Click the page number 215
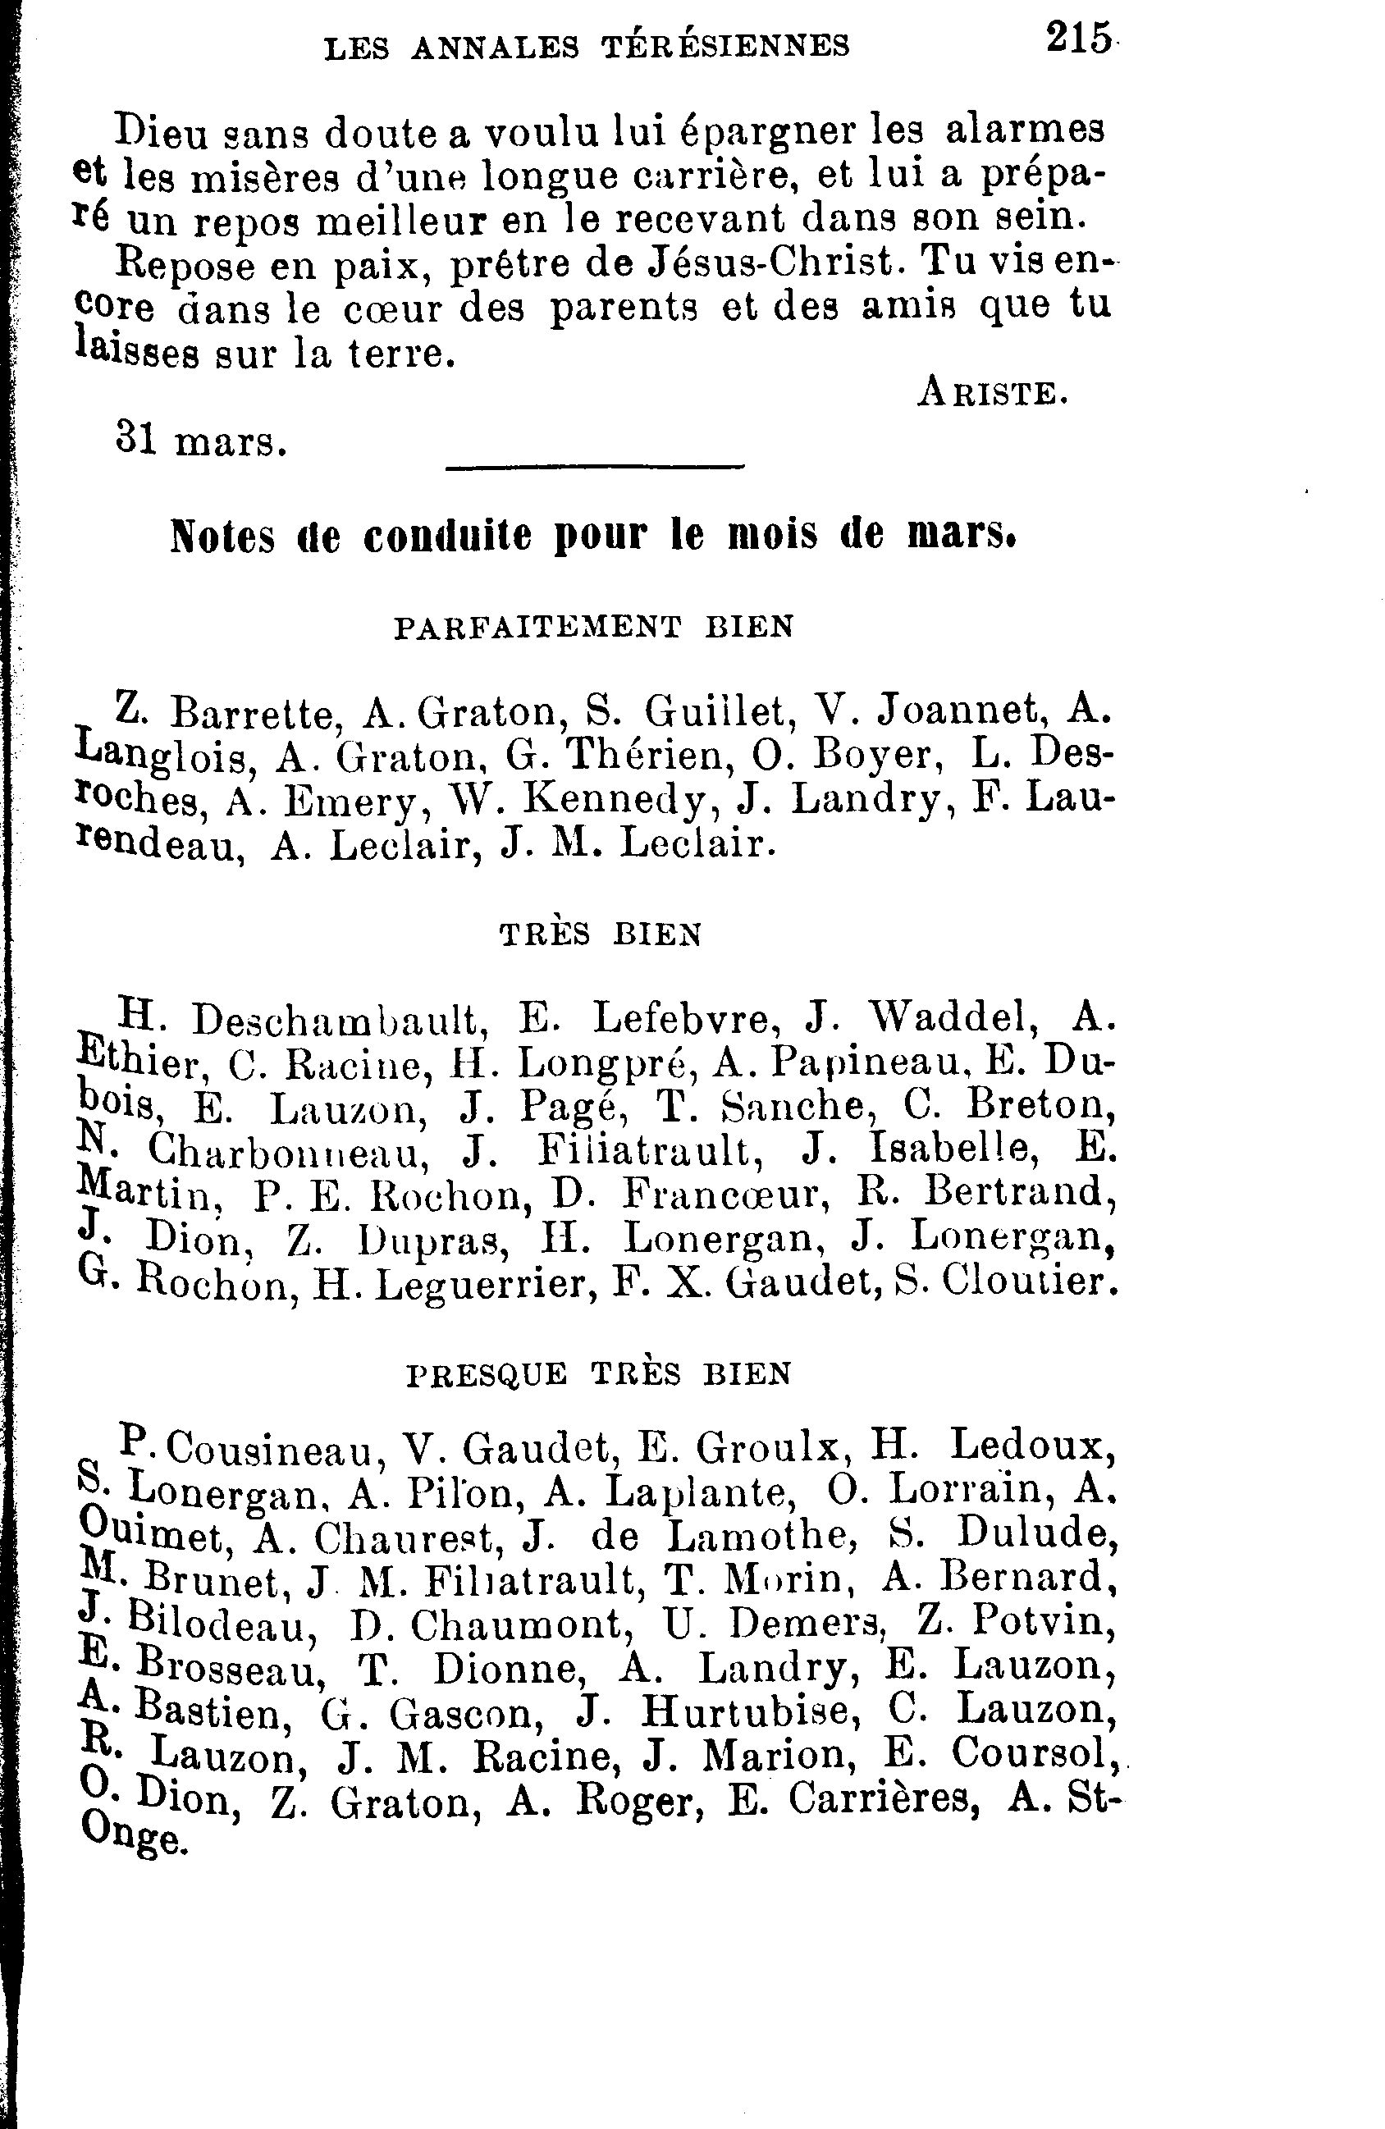tap(1078, 40)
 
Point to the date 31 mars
tap(201, 440)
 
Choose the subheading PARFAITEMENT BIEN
tap(593, 627)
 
